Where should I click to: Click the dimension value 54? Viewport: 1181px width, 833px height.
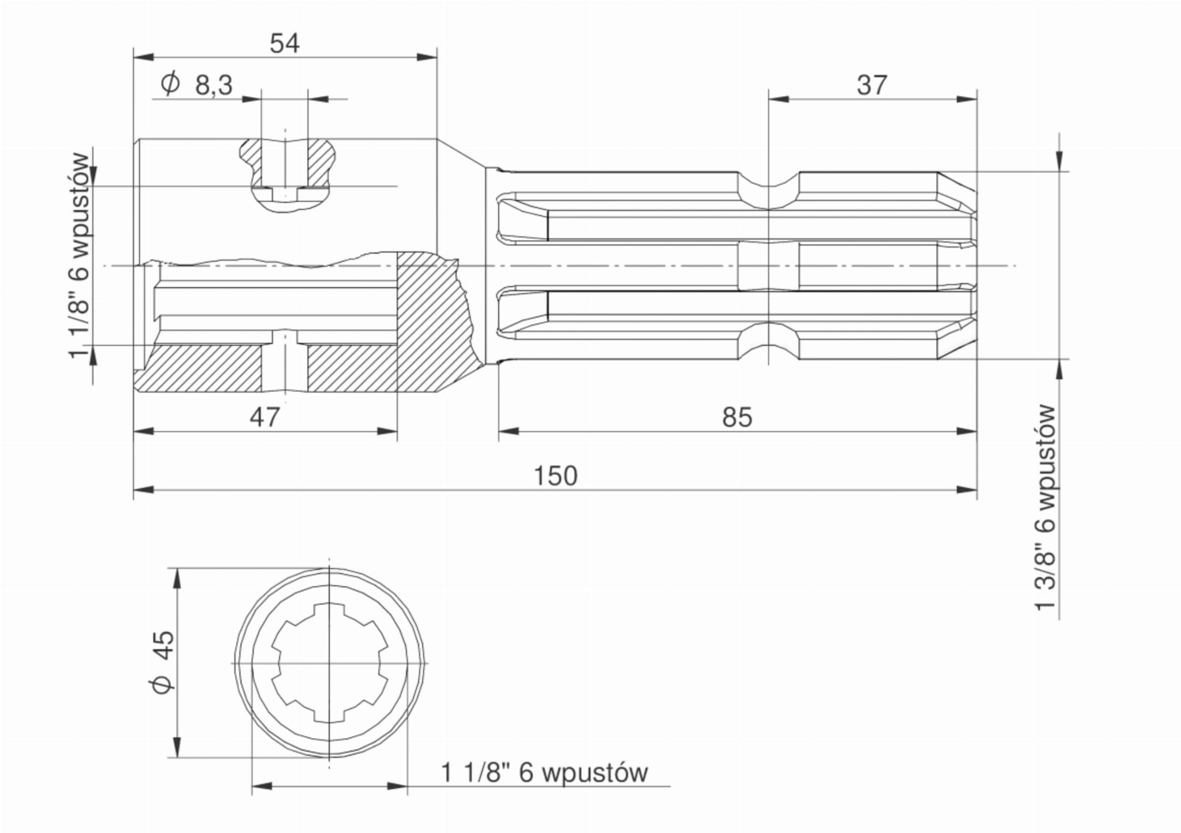click(285, 44)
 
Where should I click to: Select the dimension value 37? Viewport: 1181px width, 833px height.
click(871, 85)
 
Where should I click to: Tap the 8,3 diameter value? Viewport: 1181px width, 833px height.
click(214, 85)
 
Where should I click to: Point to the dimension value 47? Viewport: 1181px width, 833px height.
click(265, 417)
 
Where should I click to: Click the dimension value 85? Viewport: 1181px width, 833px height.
click(737, 417)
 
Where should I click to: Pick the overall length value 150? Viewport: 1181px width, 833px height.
click(555, 476)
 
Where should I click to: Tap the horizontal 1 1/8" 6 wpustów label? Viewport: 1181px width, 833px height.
click(544, 772)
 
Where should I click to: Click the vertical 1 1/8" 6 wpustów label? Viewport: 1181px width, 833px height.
click(79, 256)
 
